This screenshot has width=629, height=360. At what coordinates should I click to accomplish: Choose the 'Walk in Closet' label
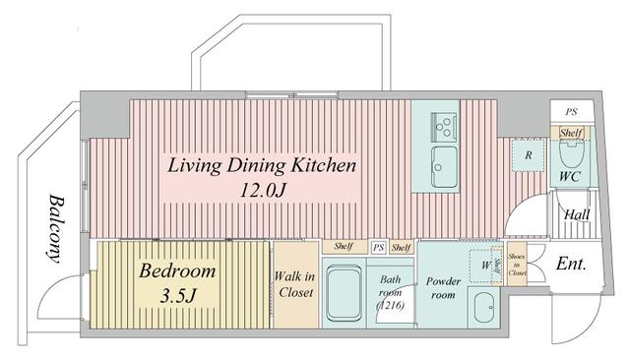click(x=294, y=284)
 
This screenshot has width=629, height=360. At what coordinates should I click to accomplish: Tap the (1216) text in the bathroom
click(x=391, y=304)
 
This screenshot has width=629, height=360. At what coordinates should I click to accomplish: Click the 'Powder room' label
click(x=443, y=287)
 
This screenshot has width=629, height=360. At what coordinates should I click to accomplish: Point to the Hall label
click(x=576, y=215)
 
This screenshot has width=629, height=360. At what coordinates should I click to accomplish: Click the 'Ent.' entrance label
click(x=572, y=264)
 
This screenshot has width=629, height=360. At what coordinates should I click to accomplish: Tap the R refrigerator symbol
click(x=529, y=155)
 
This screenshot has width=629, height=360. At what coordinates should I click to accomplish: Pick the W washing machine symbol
click(x=484, y=263)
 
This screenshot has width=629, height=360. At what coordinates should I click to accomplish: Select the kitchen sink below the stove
click(x=443, y=163)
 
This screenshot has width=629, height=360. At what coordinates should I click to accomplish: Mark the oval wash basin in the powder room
click(x=483, y=312)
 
